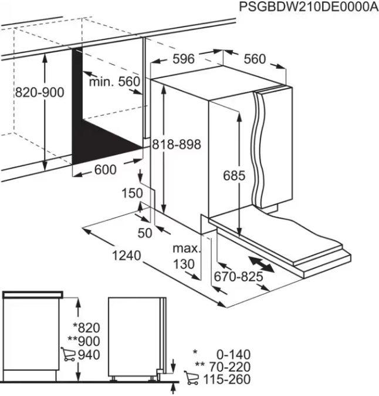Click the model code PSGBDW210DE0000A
(309, 7)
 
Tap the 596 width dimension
(184, 59)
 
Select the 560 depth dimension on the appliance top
(255, 59)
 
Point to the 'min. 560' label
(115, 82)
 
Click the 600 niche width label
(105, 170)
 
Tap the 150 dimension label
(133, 193)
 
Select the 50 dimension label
(144, 233)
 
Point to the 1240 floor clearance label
(125, 256)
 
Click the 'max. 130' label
(187, 257)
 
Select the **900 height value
(84, 341)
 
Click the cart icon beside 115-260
(191, 379)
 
